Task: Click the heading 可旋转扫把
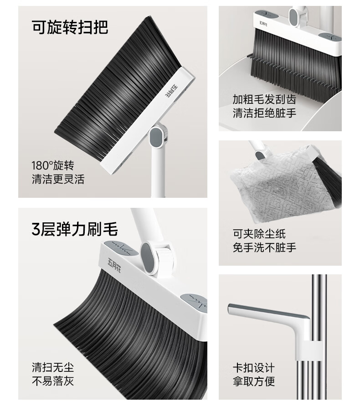70,27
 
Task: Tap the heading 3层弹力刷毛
75,229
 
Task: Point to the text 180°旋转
53,165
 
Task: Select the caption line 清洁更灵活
58,179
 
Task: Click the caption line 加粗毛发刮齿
264,99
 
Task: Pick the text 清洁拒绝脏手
264,113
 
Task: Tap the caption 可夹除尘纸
259,234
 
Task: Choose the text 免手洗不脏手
264,247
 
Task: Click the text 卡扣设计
254,368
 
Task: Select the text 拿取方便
254,381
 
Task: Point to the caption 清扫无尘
53,367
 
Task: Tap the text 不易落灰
53,381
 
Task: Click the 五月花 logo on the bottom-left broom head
114,265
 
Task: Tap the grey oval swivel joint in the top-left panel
156,137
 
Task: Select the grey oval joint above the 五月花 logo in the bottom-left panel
146,258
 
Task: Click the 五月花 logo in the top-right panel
263,24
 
